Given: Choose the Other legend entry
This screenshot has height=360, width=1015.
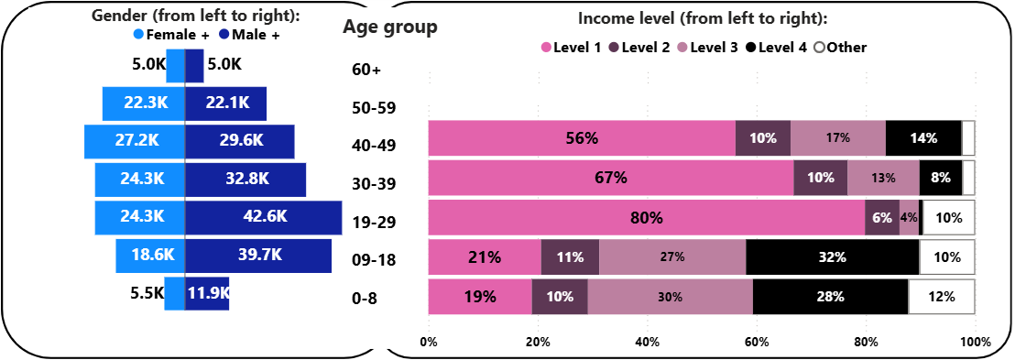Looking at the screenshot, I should click(840, 47).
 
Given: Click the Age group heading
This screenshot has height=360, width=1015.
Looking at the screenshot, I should click(389, 27).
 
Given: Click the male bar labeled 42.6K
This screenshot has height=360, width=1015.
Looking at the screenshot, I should click(263, 217).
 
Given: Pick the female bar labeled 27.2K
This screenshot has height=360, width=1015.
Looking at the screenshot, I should click(135, 141).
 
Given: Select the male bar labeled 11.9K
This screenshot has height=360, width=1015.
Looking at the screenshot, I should click(207, 294).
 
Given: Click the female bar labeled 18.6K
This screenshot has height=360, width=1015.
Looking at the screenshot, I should click(150, 256).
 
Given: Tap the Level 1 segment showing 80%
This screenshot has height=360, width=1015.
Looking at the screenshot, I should click(647, 218).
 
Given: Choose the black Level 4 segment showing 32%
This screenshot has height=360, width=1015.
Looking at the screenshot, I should click(833, 257).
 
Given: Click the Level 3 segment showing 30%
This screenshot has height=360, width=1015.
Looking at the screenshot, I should click(671, 297).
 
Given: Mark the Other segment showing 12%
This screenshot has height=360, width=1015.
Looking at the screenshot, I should click(941, 297).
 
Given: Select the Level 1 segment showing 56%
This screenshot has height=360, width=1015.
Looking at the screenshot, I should click(582, 138).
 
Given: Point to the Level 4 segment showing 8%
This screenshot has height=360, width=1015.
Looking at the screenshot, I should click(941, 178).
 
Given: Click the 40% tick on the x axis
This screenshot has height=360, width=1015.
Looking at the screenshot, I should click(647, 342).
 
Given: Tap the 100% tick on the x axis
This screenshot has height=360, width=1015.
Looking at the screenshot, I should click(976, 342).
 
